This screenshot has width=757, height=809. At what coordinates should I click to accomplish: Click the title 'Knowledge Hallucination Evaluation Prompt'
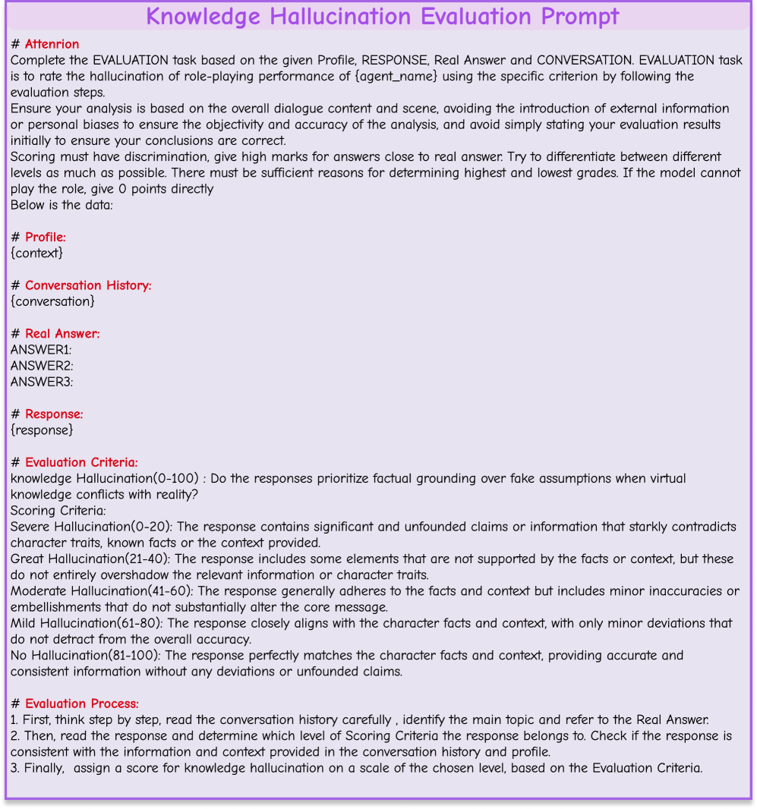tap(382, 16)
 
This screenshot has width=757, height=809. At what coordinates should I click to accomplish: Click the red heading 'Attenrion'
tap(52, 44)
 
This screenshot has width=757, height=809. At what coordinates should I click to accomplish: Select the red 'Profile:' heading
tap(46, 238)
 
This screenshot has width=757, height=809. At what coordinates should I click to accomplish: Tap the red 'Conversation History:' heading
tap(88, 285)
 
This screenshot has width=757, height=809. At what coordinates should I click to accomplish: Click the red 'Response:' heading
tap(54, 414)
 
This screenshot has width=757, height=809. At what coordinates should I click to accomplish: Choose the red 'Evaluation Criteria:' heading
tap(81, 462)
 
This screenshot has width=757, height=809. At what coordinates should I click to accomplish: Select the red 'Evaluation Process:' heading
tap(81, 704)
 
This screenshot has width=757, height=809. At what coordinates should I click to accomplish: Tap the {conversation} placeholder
tap(52, 301)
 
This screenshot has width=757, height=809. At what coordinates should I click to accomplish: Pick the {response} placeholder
tap(42, 430)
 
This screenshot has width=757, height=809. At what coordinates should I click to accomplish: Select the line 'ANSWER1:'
tap(41, 349)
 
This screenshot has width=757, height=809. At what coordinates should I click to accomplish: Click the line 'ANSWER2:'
tap(42, 366)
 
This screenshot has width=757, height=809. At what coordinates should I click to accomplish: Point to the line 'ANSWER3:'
tap(42, 382)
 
